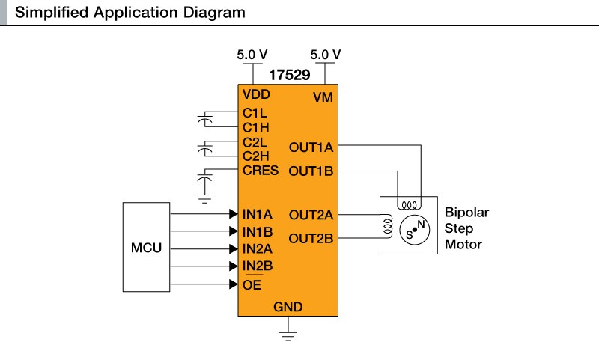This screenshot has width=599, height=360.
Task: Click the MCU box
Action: [146, 248]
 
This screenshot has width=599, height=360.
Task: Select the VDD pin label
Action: [255, 96]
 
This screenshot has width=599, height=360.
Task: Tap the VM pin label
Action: [323, 97]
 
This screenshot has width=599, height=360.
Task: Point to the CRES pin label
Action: [261, 171]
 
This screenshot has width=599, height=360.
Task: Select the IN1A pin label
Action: [258, 214]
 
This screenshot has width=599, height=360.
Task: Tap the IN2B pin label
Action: [258, 266]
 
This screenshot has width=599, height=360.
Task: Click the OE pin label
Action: [252, 284]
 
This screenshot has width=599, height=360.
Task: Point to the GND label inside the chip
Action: [288, 307]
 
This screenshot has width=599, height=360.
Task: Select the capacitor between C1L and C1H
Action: [204, 120]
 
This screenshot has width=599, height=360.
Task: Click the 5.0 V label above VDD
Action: [252, 55]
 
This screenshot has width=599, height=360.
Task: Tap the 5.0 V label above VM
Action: [325, 55]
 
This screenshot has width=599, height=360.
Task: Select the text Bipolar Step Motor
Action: [466, 228]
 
